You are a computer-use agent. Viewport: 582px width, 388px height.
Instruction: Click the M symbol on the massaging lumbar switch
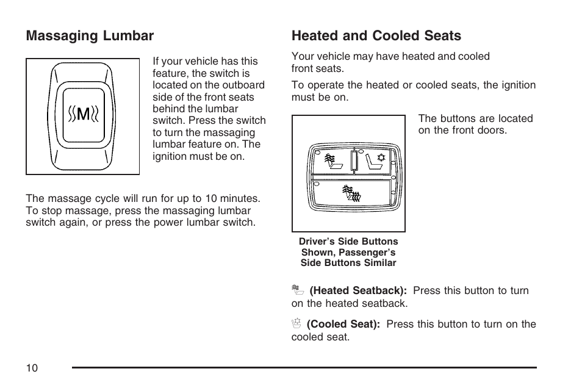pyautogui.click(x=83, y=114)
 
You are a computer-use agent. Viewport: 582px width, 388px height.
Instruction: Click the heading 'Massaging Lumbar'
pyautogui.click(x=90, y=36)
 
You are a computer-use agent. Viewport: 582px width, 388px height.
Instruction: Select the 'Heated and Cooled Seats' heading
pyautogui.click(x=376, y=36)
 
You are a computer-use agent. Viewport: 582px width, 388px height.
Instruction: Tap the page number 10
pyautogui.click(x=32, y=368)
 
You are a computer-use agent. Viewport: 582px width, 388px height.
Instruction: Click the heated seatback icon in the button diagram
pyautogui.click(x=331, y=162)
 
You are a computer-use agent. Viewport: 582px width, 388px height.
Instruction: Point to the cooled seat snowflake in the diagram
pyautogui.click(x=382, y=157)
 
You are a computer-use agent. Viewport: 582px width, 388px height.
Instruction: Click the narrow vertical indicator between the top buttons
pyautogui.click(x=354, y=161)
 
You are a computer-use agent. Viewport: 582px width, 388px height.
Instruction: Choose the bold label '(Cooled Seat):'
pyautogui.click(x=343, y=325)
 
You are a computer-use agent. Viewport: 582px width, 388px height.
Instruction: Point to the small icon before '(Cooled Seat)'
pyautogui.click(x=297, y=324)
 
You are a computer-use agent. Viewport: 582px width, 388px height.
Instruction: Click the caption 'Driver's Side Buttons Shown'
pyautogui.click(x=348, y=247)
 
